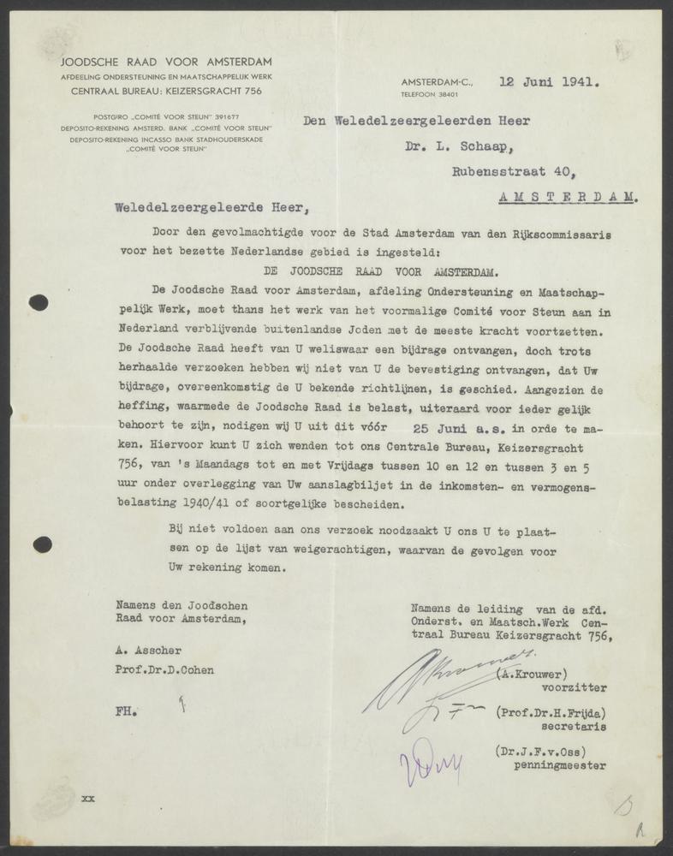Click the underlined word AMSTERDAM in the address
point(568,196)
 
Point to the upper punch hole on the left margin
point(39,301)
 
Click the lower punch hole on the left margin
point(42,544)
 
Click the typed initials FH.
point(126,710)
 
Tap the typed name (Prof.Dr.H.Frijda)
point(551,712)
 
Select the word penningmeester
point(559,765)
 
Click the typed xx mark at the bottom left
point(87,799)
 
